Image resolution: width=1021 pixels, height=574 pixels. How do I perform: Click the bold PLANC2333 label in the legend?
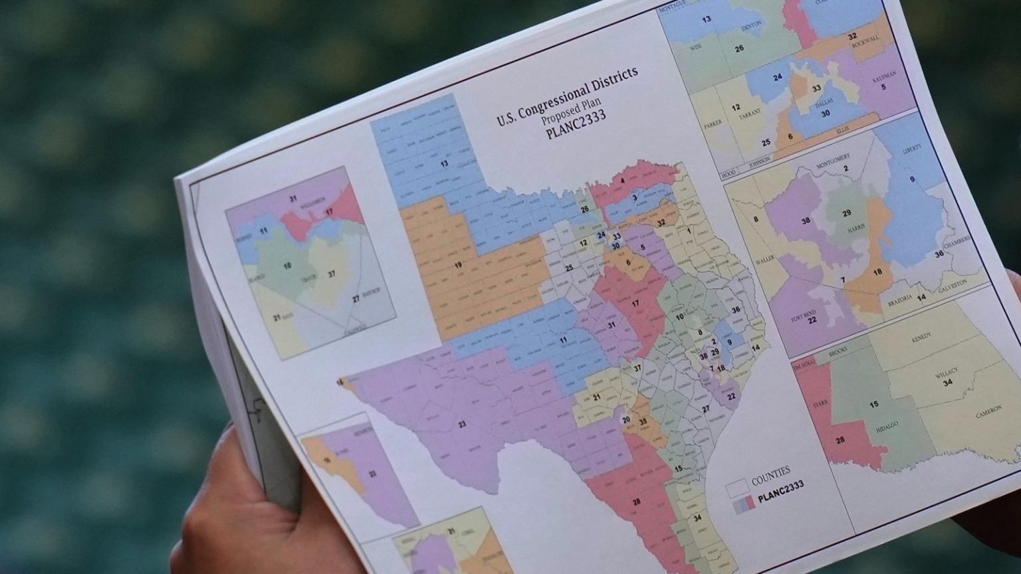point(780,488)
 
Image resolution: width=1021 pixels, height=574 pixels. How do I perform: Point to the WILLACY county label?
point(946,374)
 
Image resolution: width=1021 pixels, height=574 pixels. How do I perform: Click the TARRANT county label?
point(748,116)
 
